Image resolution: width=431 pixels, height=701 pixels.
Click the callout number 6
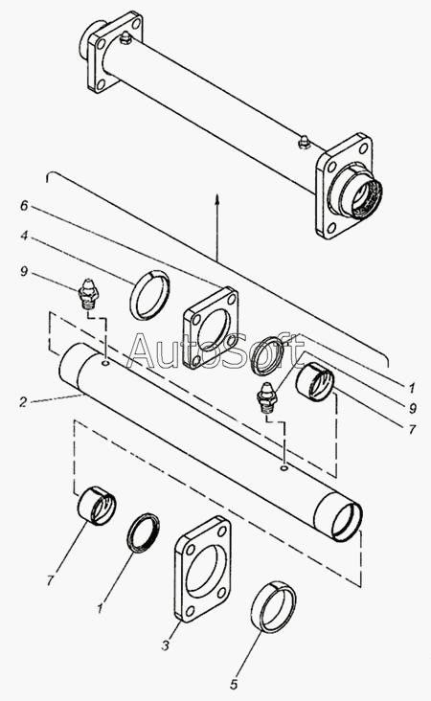tap(24, 206)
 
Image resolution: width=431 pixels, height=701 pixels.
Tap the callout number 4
tap(24, 236)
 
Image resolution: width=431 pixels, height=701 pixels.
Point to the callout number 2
tap(23, 402)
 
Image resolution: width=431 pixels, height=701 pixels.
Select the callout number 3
tap(166, 645)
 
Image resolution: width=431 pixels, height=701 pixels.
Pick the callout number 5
tap(234, 685)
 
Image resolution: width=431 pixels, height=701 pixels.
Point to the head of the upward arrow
tap(216, 196)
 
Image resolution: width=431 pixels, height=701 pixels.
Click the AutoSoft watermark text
tap(215, 351)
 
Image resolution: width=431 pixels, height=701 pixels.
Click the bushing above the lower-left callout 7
tap(97, 506)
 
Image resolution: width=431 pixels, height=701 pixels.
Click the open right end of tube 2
tap(347, 520)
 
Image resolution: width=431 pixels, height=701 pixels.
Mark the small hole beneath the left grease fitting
tap(105, 363)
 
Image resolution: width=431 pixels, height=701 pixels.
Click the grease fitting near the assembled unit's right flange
tap(304, 142)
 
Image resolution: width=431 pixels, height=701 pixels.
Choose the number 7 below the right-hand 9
tap(412, 430)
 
